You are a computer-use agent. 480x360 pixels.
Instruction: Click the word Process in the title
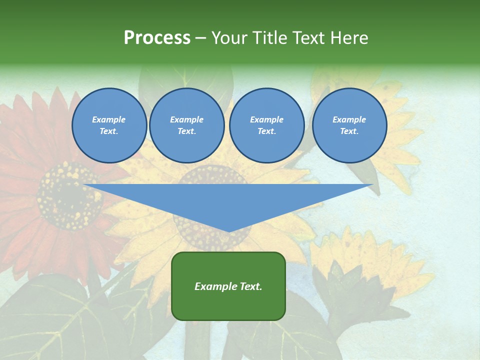click(157, 38)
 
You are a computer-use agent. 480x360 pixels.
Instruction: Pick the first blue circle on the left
click(109, 125)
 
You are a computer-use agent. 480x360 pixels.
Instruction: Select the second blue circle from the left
click(187, 125)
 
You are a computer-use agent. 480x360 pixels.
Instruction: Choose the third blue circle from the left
click(267, 125)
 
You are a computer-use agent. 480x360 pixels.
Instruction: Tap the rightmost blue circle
click(349, 125)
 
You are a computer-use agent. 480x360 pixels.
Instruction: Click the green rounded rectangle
click(228, 286)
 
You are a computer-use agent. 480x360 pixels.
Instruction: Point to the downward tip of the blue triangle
click(229, 230)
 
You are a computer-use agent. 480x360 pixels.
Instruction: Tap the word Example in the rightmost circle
click(349, 119)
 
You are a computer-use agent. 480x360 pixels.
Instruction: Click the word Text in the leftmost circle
click(108, 131)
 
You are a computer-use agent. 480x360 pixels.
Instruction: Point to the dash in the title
click(200, 38)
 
